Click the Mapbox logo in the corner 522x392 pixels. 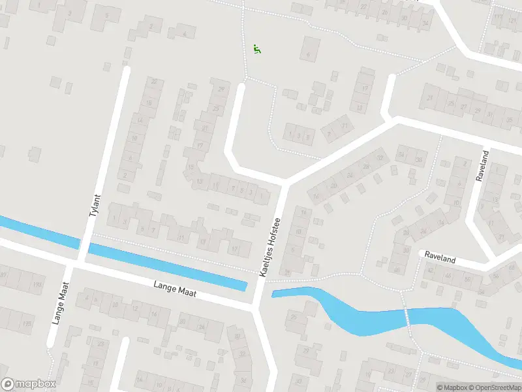[29, 384]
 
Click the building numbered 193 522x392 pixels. [37, 284]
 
